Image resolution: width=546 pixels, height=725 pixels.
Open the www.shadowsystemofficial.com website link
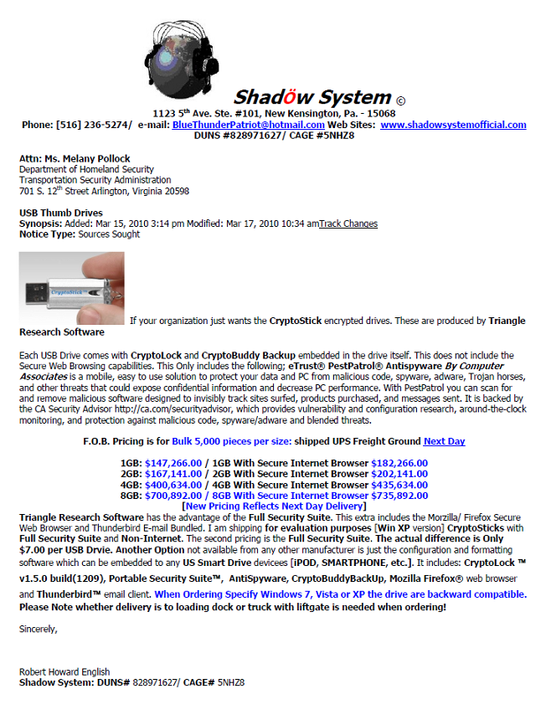[x=453, y=125]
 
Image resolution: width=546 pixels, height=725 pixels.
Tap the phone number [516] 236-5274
[x=94, y=125]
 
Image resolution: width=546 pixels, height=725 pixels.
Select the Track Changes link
[x=348, y=224]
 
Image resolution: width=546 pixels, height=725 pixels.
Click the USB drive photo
[x=72, y=287]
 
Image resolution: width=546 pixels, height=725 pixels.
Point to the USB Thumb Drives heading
[x=61, y=213]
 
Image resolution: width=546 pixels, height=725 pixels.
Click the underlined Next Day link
[x=444, y=441]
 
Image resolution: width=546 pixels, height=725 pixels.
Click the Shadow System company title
[x=312, y=97]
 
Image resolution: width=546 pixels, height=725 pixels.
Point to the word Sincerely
[x=39, y=629]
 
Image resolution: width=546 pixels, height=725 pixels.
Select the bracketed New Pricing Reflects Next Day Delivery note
[x=274, y=506]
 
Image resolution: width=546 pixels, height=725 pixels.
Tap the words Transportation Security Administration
[x=95, y=180]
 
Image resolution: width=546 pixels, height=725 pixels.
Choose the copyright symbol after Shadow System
[x=400, y=100]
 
